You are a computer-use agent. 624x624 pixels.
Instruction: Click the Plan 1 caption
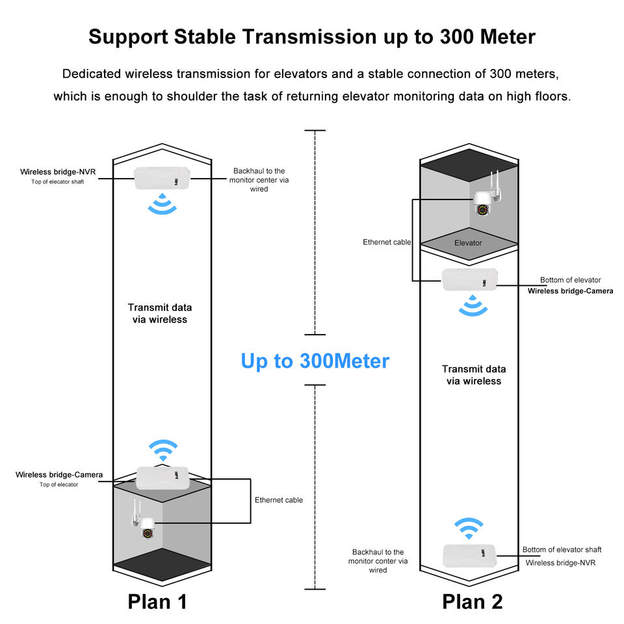pyautogui.click(x=157, y=602)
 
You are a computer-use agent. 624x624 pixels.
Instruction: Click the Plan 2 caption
pyautogui.click(x=473, y=602)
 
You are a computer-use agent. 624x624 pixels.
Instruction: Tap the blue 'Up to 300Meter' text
pyautogui.click(x=315, y=361)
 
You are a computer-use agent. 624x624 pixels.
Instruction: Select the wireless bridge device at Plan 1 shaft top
pyautogui.click(x=162, y=178)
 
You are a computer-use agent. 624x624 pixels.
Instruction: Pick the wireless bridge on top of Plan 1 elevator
pyautogui.click(x=162, y=478)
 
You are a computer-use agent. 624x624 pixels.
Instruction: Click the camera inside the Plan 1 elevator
pyautogui.click(x=144, y=521)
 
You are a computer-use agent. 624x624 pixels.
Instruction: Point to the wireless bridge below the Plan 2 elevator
pyautogui.click(x=470, y=279)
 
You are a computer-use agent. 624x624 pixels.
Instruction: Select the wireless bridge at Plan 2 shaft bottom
pyautogui.click(x=469, y=556)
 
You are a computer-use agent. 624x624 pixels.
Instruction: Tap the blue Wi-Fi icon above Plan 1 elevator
pyautogui.click(x=163, y=450)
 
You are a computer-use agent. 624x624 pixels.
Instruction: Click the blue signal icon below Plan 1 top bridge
pyautogui.click(x=162, y=203)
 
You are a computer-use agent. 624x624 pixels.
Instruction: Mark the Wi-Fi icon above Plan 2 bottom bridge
pyautogui.click(x=469, y=528)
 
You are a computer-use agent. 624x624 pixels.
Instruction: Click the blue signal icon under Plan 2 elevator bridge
pyautogui.click(x=473, y=305)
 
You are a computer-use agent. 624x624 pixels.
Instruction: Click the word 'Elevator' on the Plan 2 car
pyautogui.click(x=468, y=242)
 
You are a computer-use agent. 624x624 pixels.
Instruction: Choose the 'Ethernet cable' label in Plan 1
pyautogui.click(x=279, y=500)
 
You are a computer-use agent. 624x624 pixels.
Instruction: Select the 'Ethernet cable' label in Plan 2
pyautogui.click(x=387, y=242)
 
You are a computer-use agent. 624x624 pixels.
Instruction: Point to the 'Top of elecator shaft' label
pyautogui.click(x=58, y=182)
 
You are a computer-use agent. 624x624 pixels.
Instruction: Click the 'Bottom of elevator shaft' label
pyautogui.click(x=562, y=550)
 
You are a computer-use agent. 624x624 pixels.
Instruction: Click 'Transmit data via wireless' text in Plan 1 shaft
pyautogui.click(x=160, y=313)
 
